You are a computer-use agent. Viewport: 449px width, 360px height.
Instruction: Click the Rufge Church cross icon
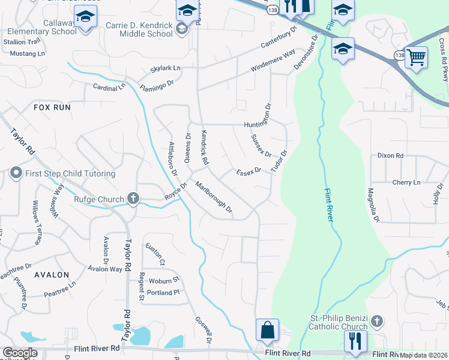(x=133, y=199)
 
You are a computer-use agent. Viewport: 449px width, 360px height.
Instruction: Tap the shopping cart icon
(x=416, y=58)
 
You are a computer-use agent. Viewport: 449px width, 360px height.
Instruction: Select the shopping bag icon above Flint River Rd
(x=267, y=329)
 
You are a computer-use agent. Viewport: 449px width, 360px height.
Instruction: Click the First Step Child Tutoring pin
(x=16, y=174)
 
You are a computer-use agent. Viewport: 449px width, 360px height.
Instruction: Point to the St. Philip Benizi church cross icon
(x=376, y=320)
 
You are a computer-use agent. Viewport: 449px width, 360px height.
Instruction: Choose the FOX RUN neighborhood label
(x=52, y=107)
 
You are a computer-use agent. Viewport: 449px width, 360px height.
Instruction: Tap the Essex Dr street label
(x=249, y=171)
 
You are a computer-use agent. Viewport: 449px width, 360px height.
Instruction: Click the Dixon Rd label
(x=390, y=155)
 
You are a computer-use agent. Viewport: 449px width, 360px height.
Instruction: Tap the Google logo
(x=20, y=353)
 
